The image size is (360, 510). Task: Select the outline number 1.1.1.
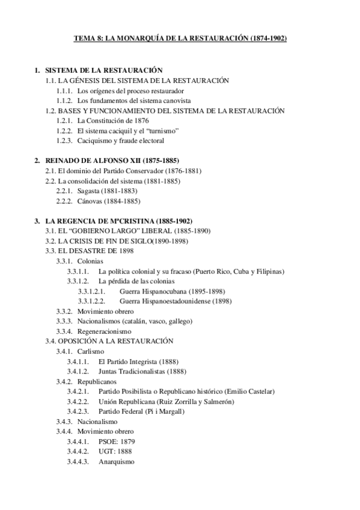[64, 91]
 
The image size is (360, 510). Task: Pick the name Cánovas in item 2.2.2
[90, 201]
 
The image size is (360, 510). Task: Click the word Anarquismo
[117, 462]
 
